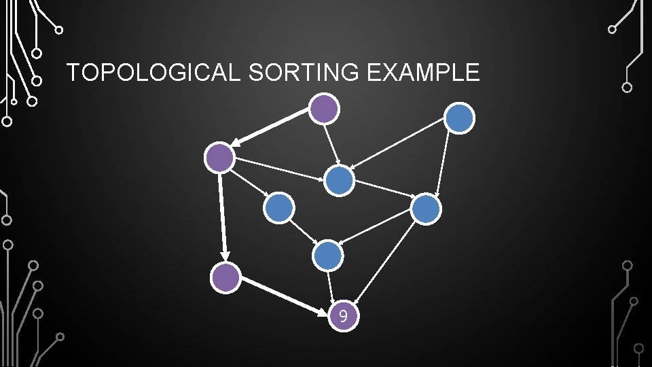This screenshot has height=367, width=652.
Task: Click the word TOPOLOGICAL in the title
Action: pyautogui.click(x=153, y=72)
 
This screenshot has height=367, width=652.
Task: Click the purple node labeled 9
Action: pyautogui.click(x=344, y=316)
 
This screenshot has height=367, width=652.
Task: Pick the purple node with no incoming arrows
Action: pyautogui.click(x=324, y=108)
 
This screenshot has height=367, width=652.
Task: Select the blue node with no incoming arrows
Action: pyautogui.click(x=460, y=118)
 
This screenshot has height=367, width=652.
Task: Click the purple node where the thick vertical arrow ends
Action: pyautogui.click(x=225, y=277)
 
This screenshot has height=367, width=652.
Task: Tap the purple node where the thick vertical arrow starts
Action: pyautogui.click(x=220, y=158)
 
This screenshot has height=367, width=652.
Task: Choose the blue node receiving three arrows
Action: pyautogui.click(x=339, y=181)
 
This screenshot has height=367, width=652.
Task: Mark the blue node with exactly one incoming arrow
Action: pyautogui.click(x=279, y=208)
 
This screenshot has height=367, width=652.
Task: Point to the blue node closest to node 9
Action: pyautogui.click(x=328, y=256)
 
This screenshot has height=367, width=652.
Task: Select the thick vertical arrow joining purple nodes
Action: pyautogui.click(x=223, y=217)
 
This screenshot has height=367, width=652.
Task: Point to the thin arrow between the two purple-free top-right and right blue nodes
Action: pyautogui.click(x=442, y=163)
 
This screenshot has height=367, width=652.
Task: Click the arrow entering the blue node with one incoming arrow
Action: pyautogui.click(x=249, y=183)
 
